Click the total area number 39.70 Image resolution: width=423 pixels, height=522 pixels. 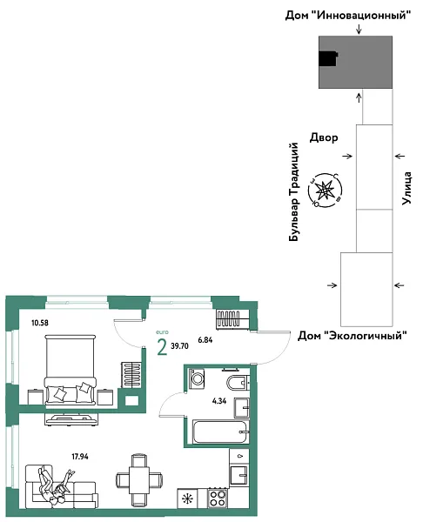click(180, 345)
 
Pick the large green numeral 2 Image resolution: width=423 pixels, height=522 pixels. click(162, 348)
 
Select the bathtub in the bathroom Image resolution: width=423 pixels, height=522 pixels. click(219, 431)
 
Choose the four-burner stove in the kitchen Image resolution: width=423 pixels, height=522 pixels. click(217, 499)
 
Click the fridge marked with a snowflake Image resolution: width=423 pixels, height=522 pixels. click(186, 499)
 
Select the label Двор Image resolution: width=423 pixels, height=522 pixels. click(323, 137)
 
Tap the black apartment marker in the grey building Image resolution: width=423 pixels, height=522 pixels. click(326, 58)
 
